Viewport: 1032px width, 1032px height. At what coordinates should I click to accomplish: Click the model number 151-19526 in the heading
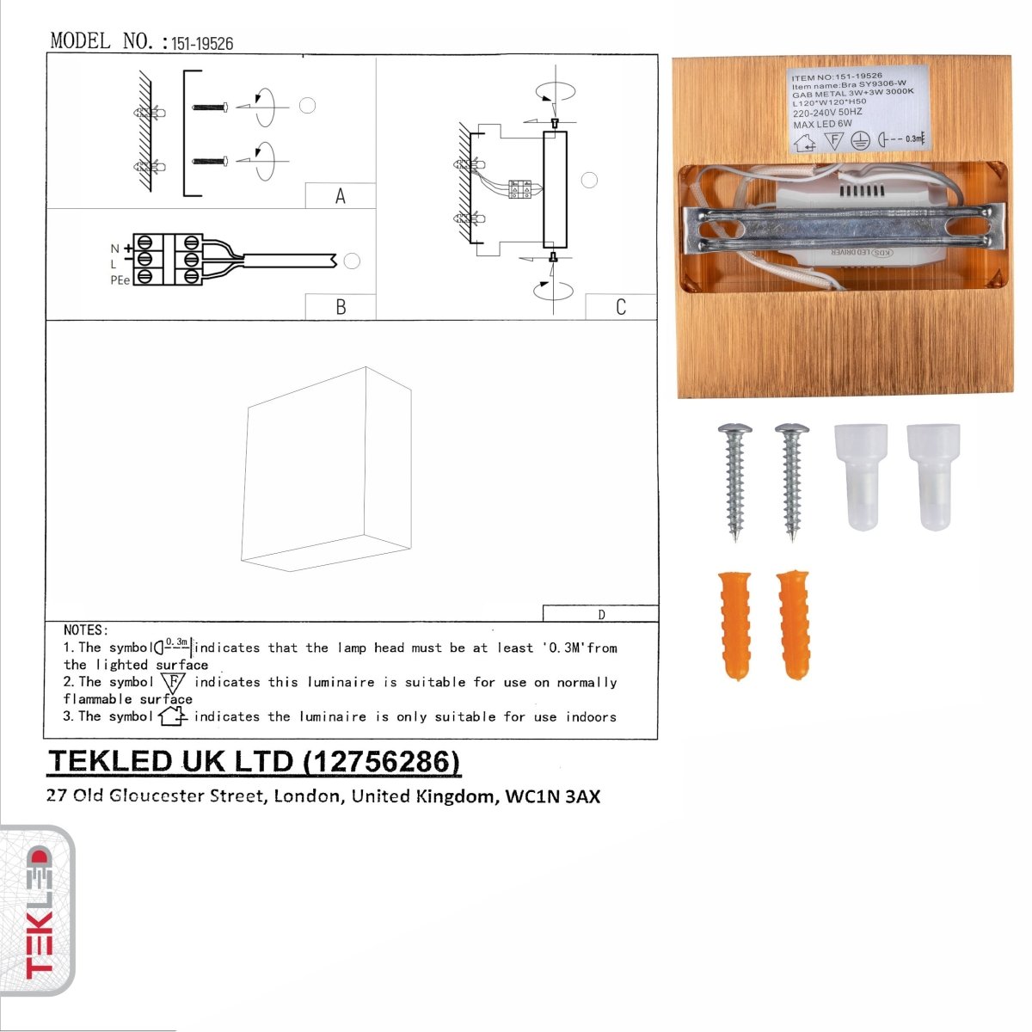click(x=202, y=43)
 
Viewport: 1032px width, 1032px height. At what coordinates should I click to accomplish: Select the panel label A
click(x=341, y=196)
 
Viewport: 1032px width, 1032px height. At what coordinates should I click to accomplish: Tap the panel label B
click(x=341, y=307)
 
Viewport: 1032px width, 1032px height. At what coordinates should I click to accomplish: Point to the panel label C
click(x=621, y=307)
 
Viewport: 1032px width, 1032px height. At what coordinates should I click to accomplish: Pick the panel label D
click(x=601, y=614)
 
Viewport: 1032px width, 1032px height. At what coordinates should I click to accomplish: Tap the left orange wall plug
click(x=734, y=623)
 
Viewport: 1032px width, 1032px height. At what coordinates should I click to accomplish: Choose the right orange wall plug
click(x=792, y=623)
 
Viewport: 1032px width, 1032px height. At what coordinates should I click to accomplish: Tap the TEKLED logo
click(x=38, y=912)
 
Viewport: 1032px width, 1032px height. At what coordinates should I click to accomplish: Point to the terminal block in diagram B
click(x=168, y=258)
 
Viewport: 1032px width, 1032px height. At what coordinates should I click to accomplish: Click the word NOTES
click(x=85, y=630)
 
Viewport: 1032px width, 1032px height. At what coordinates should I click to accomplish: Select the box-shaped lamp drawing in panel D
click(x=328, y=470)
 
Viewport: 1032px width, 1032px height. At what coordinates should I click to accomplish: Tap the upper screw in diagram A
click(x=209, y=107)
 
